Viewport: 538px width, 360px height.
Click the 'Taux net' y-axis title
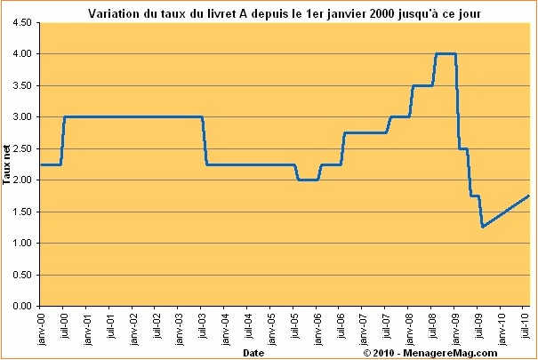[6, 164]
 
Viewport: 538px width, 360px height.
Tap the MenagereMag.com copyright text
[442, 353]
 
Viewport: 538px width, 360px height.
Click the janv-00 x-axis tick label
[41, 325]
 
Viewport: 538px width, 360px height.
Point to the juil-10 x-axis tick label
[528, 325]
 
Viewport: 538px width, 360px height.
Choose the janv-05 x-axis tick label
[273, 325]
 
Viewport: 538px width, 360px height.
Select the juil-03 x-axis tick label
[203, 325]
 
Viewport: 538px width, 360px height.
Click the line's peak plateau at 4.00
[446, 53]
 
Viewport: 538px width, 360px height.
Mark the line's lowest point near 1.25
[483, 227]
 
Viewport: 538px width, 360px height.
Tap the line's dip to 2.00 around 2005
[308, 180]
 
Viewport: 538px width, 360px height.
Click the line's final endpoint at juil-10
[529, 196]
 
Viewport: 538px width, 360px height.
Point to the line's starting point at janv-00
[40, 164]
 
